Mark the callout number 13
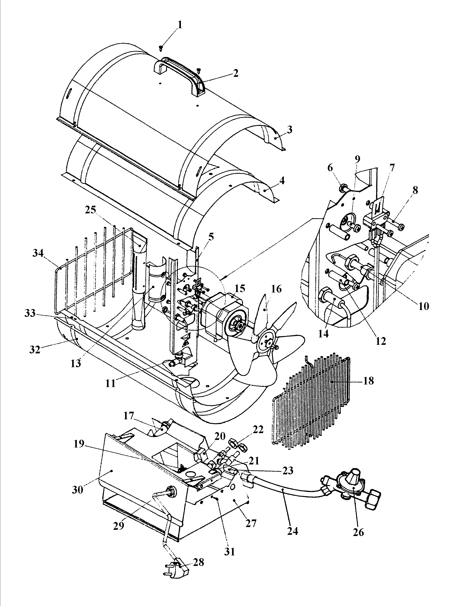coord(75,363)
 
